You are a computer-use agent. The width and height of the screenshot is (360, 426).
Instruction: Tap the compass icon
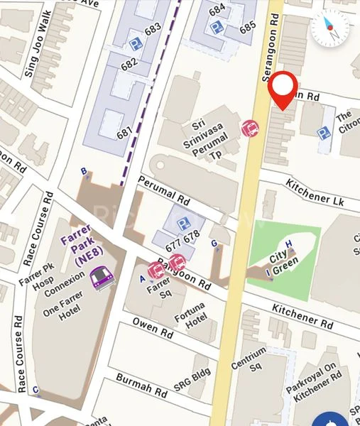point(330,28)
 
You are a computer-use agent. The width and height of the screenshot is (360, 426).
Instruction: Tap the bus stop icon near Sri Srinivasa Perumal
point(250,129)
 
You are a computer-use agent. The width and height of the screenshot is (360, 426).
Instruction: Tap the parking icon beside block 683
point(136,44)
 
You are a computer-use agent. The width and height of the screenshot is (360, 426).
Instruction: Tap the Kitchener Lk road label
point(314,192)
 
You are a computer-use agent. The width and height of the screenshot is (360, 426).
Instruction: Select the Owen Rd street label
point(152,328)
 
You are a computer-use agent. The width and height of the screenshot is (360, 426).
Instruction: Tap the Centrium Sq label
point(249,359)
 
